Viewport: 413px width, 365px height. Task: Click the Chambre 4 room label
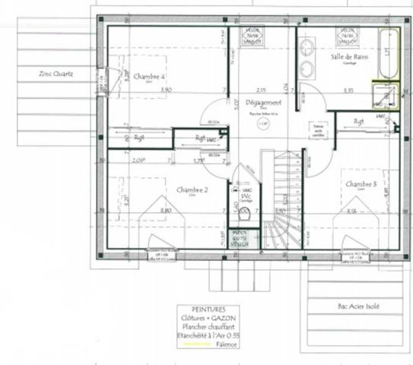[x=149, y=77]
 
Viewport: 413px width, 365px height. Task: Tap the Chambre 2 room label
[x=192, y=189]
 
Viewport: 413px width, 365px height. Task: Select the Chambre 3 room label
[x=361, y=184]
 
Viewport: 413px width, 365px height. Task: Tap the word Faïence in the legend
[x=226, y=344]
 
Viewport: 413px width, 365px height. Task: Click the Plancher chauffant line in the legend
[x=206, y=327]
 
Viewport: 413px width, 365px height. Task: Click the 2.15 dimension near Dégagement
[x=261, y=90]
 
